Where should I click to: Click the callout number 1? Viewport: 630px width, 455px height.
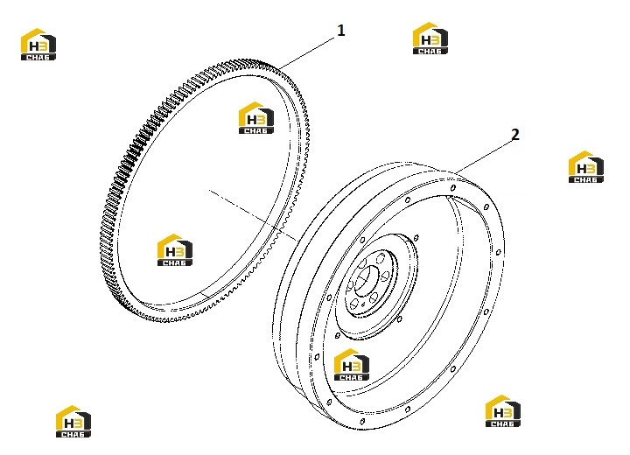(341, 31)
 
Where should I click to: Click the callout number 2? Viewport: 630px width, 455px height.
(515, 135)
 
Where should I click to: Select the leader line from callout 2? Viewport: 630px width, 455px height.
(483, 157)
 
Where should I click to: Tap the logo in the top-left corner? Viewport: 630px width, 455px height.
(38, 45)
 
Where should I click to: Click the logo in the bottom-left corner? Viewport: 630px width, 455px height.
(73, 421)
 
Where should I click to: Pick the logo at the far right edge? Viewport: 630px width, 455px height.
(585, 167)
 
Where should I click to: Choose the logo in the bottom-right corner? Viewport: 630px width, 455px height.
(502, 410)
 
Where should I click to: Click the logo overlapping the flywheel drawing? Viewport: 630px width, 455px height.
(352, 365)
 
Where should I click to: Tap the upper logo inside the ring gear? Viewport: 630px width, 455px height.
(255, 118)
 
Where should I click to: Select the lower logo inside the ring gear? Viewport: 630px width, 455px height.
(174, 249)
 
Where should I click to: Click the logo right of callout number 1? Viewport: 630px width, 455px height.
(430, 38)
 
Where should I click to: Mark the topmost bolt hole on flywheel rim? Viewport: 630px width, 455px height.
(453, 188)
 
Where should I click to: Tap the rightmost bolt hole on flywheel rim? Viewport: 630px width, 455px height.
(498, 253)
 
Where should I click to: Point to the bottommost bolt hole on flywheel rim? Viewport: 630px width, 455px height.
(362, 421)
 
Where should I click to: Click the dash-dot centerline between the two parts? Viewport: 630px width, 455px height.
(253, 216)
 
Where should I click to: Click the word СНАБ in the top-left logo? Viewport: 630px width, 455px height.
(38, 57)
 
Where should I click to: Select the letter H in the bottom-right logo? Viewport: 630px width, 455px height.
(497, 413)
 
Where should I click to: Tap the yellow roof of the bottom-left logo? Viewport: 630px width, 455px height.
(68, 410)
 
